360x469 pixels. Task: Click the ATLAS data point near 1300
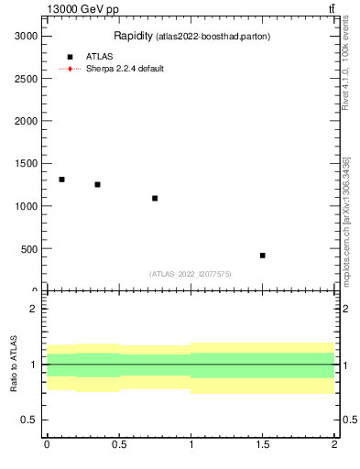[x=61, y=180]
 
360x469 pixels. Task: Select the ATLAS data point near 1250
[x=97, y=184]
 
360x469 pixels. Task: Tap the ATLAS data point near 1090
[x=155, y=198]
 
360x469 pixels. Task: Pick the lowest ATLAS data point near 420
[x=262, y=256]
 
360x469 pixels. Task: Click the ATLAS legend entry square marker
[x=70, y=57]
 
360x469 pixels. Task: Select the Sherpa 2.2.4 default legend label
[x=125, y=69]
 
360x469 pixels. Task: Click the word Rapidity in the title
[x=133, y=36]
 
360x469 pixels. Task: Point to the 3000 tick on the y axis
[x=25, y=35]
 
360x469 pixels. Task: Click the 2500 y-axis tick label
[x=25, y=78]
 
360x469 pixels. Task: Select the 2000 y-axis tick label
[x=25, y=120]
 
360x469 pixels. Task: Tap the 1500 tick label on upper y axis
[x=25, y=163]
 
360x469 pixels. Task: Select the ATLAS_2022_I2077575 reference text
[x=191, y=274]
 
